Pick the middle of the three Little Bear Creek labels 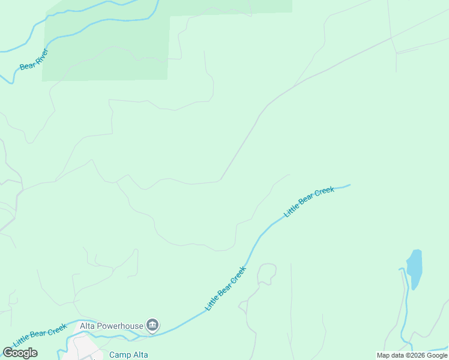226,288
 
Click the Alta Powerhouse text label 112,326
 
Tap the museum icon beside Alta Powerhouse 152,326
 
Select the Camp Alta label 128,355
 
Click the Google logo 20,353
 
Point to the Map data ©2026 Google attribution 412,355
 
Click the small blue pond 414,268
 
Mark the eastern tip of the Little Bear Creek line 349,185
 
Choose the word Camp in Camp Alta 119,355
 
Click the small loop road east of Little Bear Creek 267,273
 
